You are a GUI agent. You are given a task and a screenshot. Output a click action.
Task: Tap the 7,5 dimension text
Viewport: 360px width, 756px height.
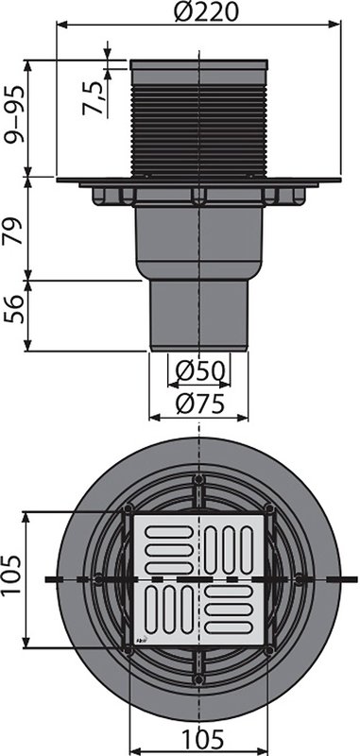[93, 98]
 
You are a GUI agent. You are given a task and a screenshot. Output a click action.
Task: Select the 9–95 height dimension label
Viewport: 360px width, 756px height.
[13, 115]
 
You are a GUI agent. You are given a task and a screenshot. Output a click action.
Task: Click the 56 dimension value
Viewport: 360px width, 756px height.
[13, 309]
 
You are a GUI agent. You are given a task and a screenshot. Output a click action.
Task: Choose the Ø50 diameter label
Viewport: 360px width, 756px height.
[199, 371]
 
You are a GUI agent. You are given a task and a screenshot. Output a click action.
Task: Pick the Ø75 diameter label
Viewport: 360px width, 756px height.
[199, 404]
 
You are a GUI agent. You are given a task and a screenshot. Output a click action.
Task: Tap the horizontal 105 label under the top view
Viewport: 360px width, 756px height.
[203, 738]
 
